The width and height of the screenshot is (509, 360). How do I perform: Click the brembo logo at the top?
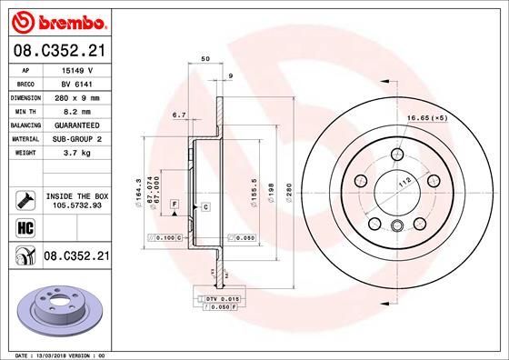56,20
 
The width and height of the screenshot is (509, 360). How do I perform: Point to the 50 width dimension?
205,58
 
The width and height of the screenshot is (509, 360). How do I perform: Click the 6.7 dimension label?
178,115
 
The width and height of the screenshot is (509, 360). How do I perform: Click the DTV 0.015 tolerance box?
220,299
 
